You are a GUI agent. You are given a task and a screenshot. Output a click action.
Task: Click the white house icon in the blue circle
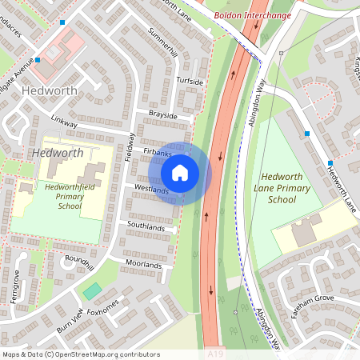point(180,173)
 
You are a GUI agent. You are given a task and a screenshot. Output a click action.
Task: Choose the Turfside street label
point(190,82)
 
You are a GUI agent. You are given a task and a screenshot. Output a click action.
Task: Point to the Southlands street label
point(146,227)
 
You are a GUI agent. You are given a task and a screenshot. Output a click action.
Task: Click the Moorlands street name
point(144,265)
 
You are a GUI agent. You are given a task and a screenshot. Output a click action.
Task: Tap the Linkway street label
point(64,123)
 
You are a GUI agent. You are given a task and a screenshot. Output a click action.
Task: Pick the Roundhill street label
point(79,262)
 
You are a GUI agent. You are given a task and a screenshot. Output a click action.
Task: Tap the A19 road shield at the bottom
point(214,353)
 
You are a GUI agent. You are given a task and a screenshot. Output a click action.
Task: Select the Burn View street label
point(70,321)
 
